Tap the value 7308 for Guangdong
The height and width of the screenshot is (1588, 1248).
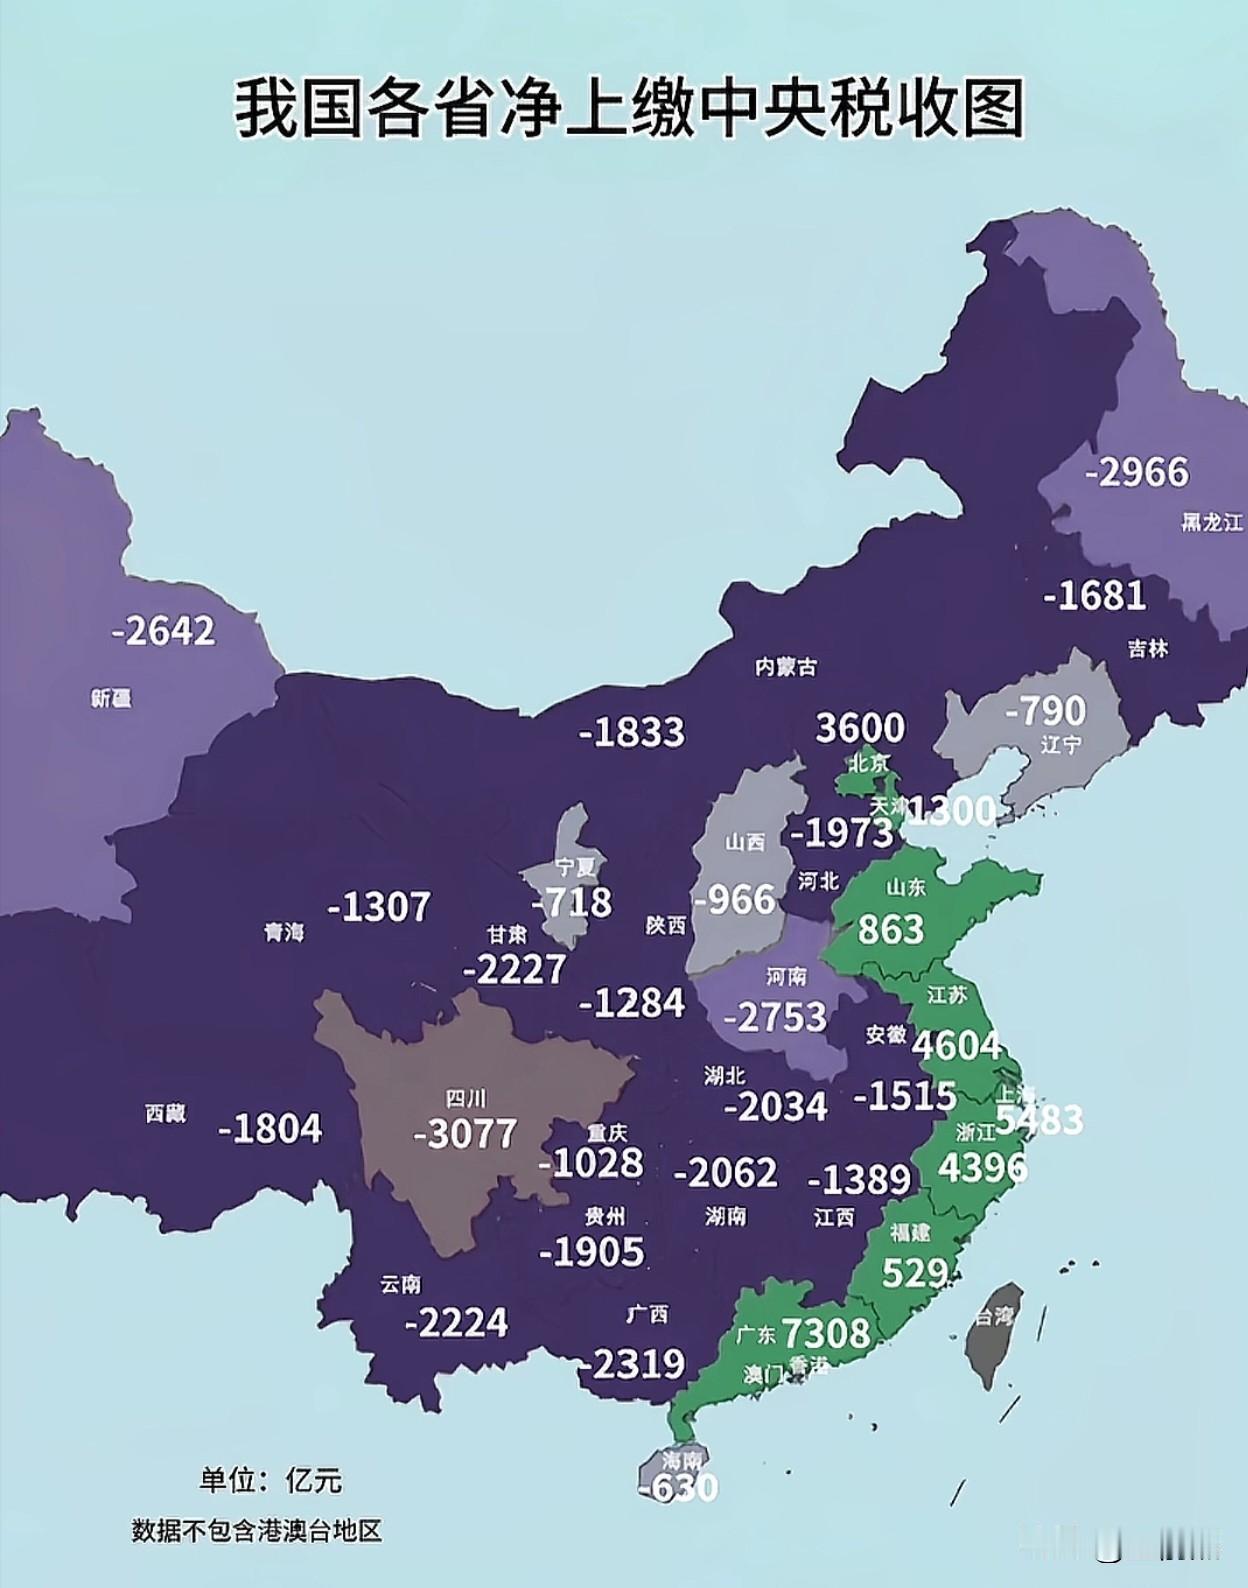(825, 1333)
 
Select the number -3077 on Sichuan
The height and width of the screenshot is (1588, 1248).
(465, 1134)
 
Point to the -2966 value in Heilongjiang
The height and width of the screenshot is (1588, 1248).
(1137, 472)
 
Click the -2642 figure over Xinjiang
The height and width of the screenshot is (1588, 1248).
(164, 631)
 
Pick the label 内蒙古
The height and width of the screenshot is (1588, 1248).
(785, 666)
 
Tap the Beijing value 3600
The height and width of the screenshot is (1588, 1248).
(860, 727)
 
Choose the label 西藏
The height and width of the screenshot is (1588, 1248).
(165, 1113)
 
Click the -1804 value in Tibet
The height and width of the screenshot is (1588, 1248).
(270, 1129)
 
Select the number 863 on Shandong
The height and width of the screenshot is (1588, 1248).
(890, 930)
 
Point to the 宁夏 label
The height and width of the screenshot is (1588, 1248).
(575, 867)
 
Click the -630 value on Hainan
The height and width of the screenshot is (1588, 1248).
(678, 1488)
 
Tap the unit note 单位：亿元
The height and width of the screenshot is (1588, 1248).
(270, 1480)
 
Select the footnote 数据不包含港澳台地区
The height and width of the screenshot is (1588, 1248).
(257, 1531)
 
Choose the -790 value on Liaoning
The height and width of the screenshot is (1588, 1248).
(1045, 711)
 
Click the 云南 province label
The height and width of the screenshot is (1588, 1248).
(400, 1284)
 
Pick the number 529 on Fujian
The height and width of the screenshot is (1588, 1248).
(914, 1273)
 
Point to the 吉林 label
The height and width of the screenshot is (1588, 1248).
(1147, 648)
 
